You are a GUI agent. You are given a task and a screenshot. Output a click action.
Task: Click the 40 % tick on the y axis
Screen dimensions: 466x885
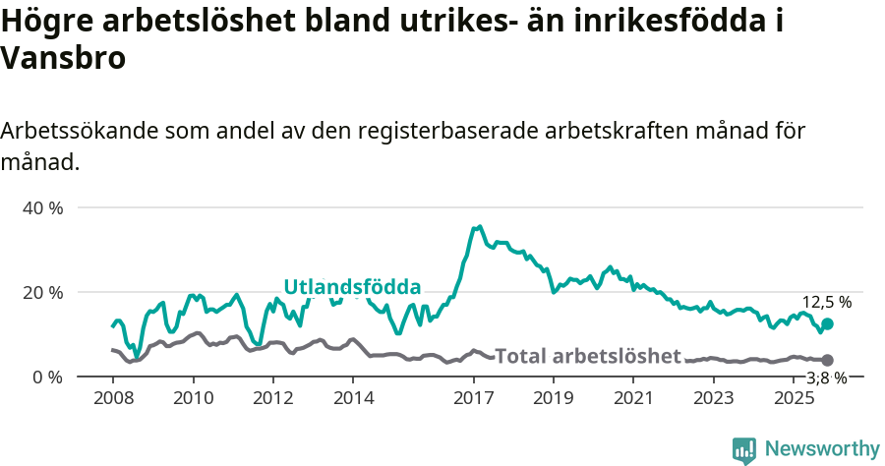click(42, 208)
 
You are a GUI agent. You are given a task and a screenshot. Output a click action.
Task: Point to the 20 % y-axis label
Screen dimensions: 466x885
click(42, 293)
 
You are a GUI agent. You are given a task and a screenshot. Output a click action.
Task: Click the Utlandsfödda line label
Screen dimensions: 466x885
click(352, 287)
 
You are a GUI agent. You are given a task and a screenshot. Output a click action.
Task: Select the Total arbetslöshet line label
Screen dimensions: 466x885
click(587, 356)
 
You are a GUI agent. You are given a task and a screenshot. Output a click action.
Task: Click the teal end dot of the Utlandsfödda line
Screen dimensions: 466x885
click(827, 323)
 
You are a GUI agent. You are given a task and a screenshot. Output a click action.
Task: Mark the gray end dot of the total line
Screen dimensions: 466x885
click(827, 361)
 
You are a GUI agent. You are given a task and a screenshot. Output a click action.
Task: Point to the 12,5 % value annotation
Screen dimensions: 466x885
click(826, 303)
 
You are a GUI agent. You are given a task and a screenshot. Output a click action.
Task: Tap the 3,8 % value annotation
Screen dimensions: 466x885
click(826, 378)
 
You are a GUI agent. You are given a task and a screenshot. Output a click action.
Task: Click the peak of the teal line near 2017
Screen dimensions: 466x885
click(479, 226)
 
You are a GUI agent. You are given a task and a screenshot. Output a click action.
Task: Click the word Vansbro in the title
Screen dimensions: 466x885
click(63, 58)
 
